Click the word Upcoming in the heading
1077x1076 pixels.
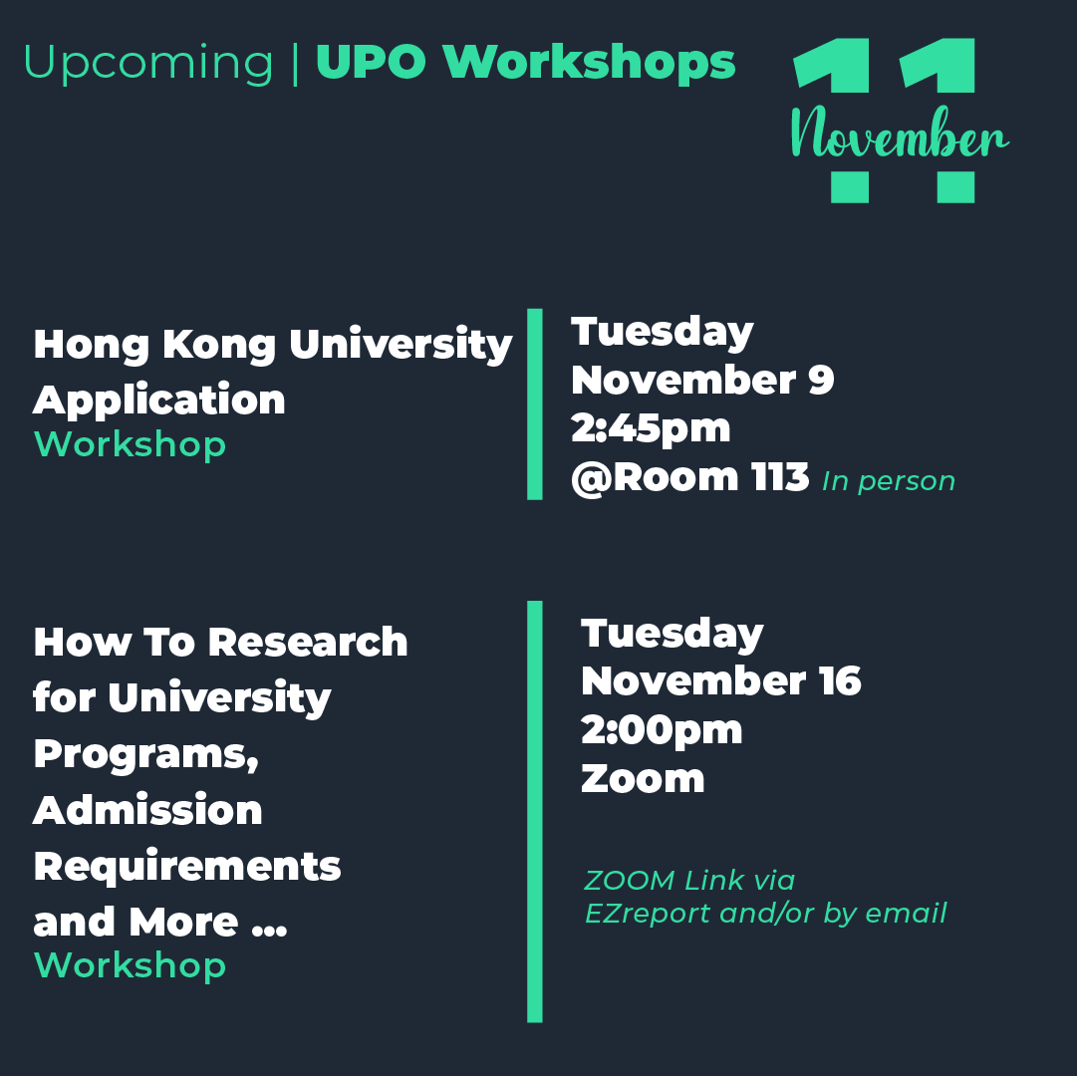pyautogui.click(x=148, y=63)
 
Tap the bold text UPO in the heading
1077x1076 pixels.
pyautogui.click(x=371, y=63)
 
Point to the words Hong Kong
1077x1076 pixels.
pyautogui.click(x=154, y=346)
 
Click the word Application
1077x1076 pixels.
pyautogui.click(x=158, y=402)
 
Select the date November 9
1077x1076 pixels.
pyautogui.click(x=702, y=380)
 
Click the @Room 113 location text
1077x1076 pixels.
pyautogui.click(x=690, y=478)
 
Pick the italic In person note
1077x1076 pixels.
pyautogui.click(x=889, y=481)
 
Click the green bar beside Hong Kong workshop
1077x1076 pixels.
pyautogui.click(x=534, y=404)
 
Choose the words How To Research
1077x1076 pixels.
pyautogui.click(x=220, y=643)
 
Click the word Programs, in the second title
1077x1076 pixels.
pyautogui.click(x=146, y=755)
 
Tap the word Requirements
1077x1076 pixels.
pyautogui.click(x=187, y=867)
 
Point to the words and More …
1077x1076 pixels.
pyautogui.click(x=160, y=923)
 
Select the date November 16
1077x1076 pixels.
pyautogui.click(x=720, y=681)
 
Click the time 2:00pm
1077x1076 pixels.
pyautogui.click(x=662, y=730)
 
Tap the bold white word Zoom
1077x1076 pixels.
pyautogui.click(x=643, y=779)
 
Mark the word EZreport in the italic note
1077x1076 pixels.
pyautogui.click(x=648, y=914)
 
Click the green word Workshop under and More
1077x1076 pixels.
pyautogui.click(x=130, y=965)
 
